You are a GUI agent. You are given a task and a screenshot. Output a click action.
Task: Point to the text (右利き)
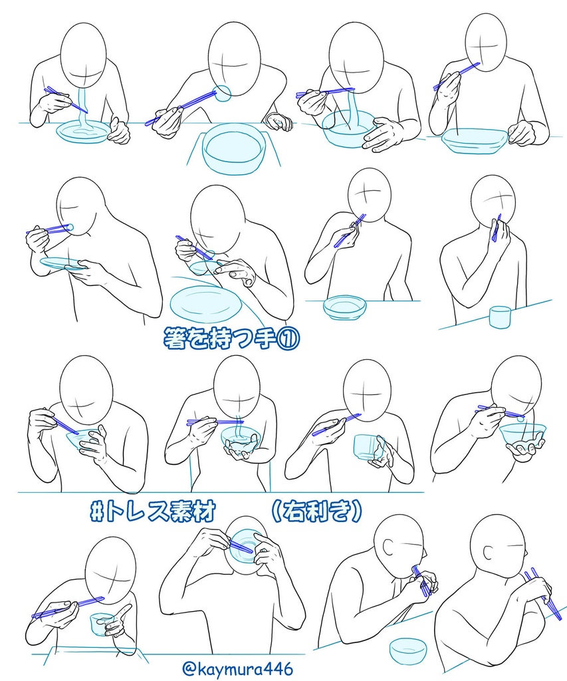tap(316, 511)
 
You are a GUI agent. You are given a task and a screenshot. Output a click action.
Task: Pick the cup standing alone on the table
tap(500, 317)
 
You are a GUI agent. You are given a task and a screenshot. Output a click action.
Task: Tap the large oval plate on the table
tap(205, 303)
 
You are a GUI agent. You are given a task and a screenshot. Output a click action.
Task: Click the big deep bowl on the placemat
tap(234, 150)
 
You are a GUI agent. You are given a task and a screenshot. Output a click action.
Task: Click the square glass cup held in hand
tap(369, 448)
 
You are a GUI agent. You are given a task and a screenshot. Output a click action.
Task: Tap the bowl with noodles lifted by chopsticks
tap(348, 128)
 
